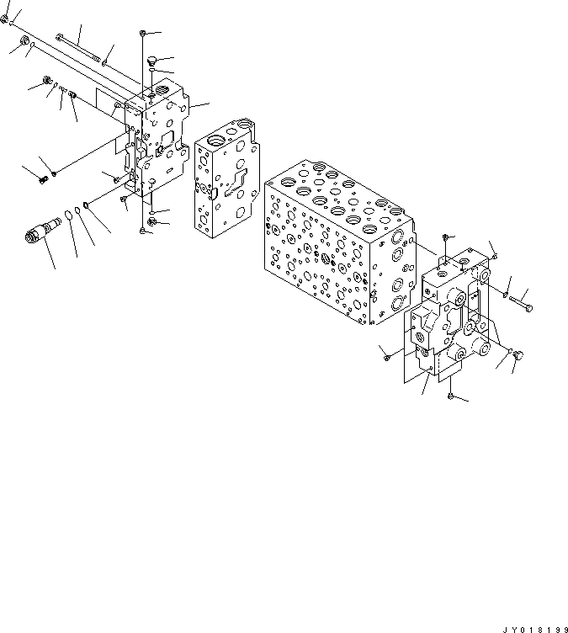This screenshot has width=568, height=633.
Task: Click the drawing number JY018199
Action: coord(532,626)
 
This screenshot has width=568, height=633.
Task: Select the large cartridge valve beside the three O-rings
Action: coord(42,229)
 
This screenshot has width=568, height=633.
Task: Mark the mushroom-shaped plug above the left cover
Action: coord(152,61)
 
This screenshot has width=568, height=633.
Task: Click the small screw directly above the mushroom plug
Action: coord(144,32)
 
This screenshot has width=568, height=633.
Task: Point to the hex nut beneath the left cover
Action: coord(151,221)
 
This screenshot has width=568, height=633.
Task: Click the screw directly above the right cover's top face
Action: coord(445,238)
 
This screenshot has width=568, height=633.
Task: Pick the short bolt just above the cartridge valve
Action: coord(41,178)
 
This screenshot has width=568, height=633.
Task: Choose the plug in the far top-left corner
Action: coord(5,17)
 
